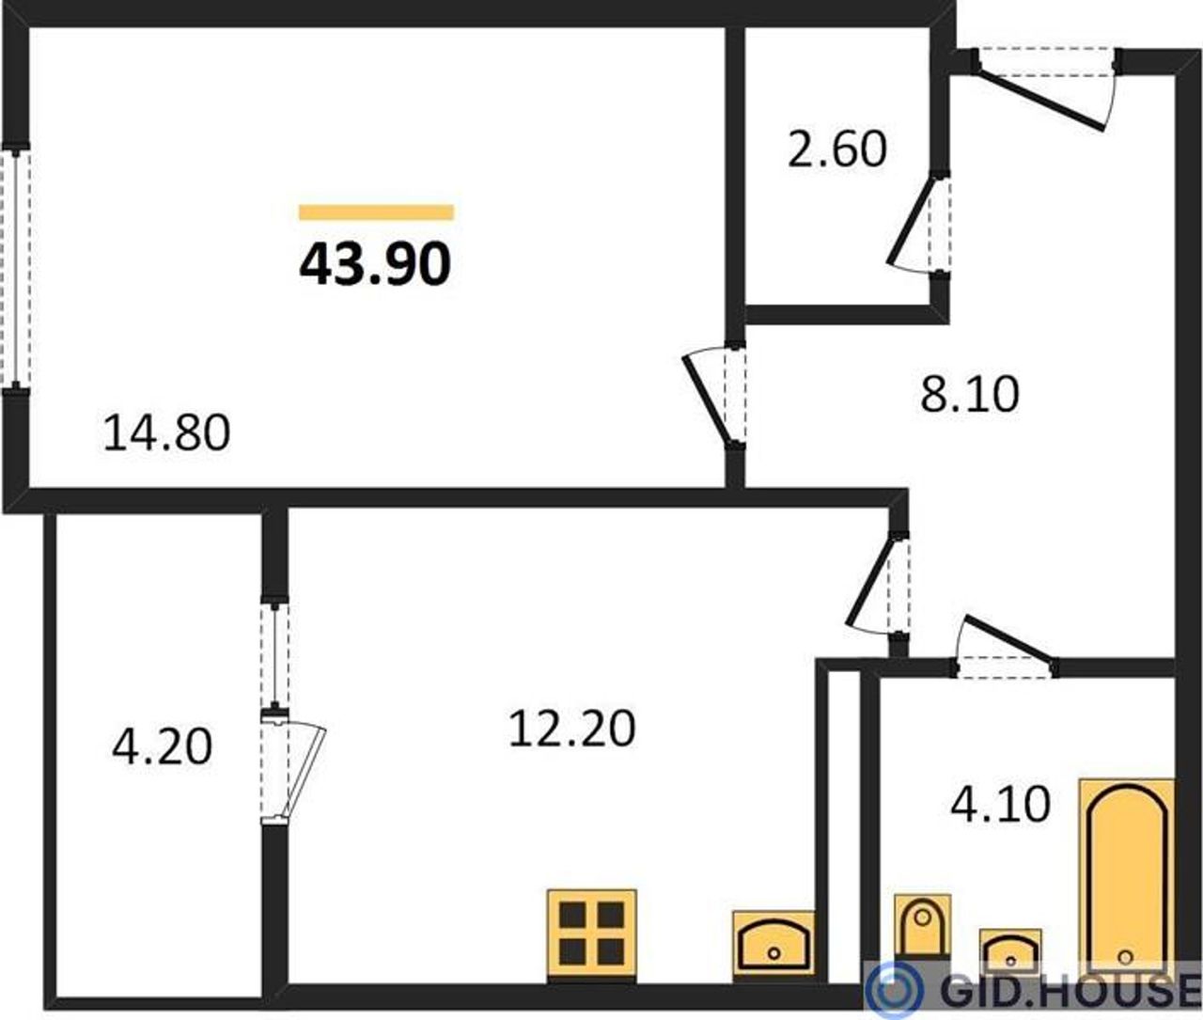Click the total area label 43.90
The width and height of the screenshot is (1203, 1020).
pyautogui.click(x=375, y=265)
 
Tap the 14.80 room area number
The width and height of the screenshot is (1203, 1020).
pyautogui.click(x=167, y=432)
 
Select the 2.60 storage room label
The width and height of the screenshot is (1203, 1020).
pyautogui.click(x=836, y=149)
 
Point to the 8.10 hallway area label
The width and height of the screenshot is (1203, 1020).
pyautogui.click(x=970, y=394)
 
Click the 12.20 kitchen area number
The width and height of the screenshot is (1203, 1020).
pyautogui.click(x=572, y=729)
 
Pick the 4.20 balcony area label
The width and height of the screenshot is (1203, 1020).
pyautogui.click(x=163, y=747)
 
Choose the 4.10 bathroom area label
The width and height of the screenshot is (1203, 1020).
pyautogui.click(x=1000, y=804)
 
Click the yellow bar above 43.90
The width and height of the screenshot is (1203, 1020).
pyautogui.click(x=376, y=212)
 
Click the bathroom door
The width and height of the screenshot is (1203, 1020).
pyautogui.click(x=1005, y=646)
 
